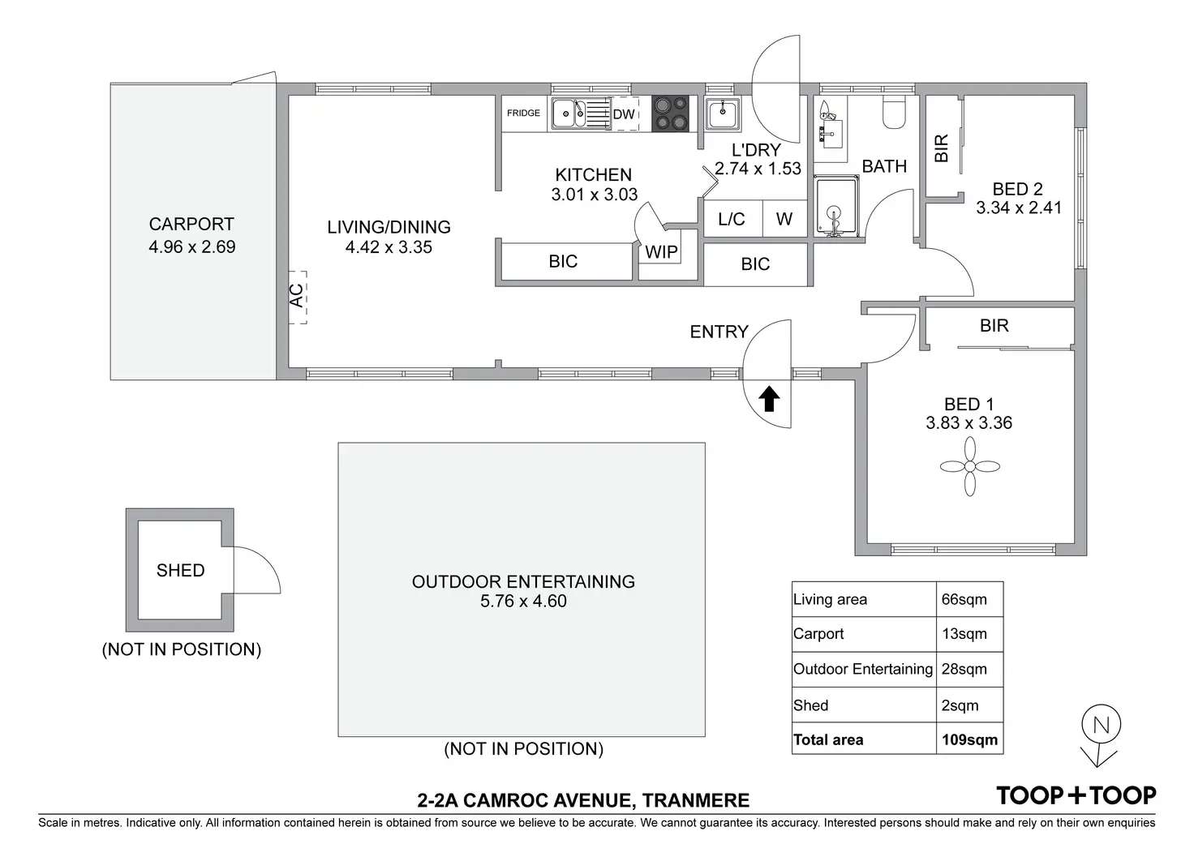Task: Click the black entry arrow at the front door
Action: [x=769, y=399]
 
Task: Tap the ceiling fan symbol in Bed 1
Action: [x=969, y=466]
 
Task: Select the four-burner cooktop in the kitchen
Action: [x=671, y=114]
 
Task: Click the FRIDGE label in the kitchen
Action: [x=523, y=114]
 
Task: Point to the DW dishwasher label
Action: [x=624, y=114]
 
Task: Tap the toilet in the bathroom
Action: [x=895, y=113]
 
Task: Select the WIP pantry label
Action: [x=661, y=252]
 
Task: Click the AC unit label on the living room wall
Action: [x=297, y=295]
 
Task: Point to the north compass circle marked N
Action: [x=1101, y=724]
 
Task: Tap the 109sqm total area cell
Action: [x=969, y=739]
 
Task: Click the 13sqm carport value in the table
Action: [x=964, y=634]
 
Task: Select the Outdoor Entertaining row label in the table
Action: [x=862, y=669]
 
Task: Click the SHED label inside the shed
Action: [x=180, y=571]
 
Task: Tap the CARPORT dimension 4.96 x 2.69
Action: [x=191, y=247]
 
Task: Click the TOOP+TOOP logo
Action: [x=1076, y=795]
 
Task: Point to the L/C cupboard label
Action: [x=732, y=219]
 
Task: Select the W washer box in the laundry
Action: [x=784, y=219]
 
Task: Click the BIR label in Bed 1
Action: [x=994, y=326]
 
